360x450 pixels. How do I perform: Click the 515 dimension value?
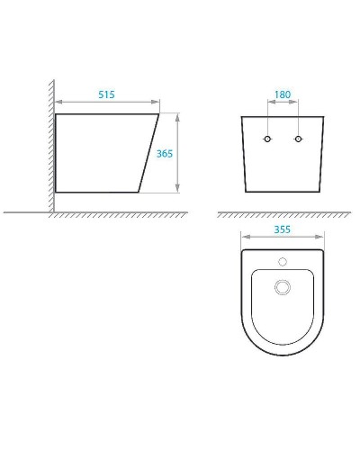click(x=108, y=94)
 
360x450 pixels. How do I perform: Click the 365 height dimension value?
click(x=165, y=154)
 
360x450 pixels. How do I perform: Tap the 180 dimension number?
click(x=282, y=94)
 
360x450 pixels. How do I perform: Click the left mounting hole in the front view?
click(x=266, y=139)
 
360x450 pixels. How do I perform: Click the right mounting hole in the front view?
click(x=297, y=139)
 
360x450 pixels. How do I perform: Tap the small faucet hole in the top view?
click(x=283, y=263)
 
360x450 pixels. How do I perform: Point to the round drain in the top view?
click(x=283, y=287)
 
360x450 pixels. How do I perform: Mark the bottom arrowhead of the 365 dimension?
click(x=178, y=190)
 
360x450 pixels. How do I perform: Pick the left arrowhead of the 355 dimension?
click(x=244, y=238)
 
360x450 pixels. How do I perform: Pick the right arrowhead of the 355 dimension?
click(x=322, y=238)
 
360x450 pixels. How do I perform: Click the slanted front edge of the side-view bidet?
click(x=149, y=153)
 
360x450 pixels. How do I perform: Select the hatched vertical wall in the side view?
click(x=49, y=144)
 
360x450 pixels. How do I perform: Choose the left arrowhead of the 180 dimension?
click(x=268, y=104)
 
